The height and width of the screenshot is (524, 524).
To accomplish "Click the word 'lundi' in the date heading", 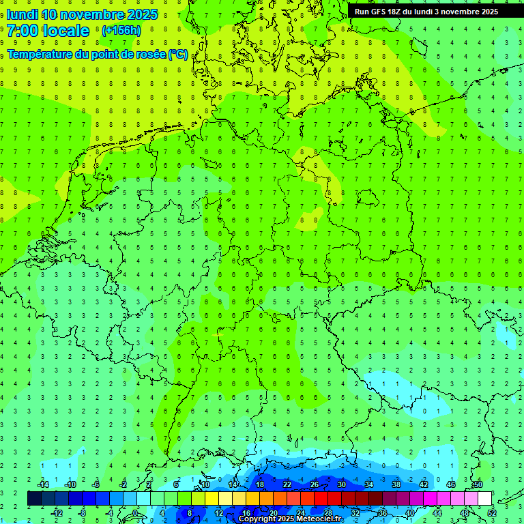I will pos(22,14).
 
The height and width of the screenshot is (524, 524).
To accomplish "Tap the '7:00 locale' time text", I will pos(48,31).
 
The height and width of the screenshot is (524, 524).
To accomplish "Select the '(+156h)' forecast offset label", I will pos(121,31).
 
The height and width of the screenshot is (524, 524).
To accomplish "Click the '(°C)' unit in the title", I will pos(178,54).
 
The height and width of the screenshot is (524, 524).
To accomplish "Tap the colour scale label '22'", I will pos(287,484).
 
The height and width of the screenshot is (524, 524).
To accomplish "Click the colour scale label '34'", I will pos(369,484).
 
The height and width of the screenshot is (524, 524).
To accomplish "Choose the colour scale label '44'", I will pos(437,512).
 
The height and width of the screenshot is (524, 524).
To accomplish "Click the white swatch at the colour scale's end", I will pos(484,499).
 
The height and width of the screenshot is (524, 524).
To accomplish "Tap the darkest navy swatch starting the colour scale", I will pos(34,499).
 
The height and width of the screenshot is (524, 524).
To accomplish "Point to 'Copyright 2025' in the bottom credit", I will pos(267,519).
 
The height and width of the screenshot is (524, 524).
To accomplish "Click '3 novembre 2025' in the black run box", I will pos(467,12).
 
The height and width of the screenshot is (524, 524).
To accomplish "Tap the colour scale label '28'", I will pos(328,512).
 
